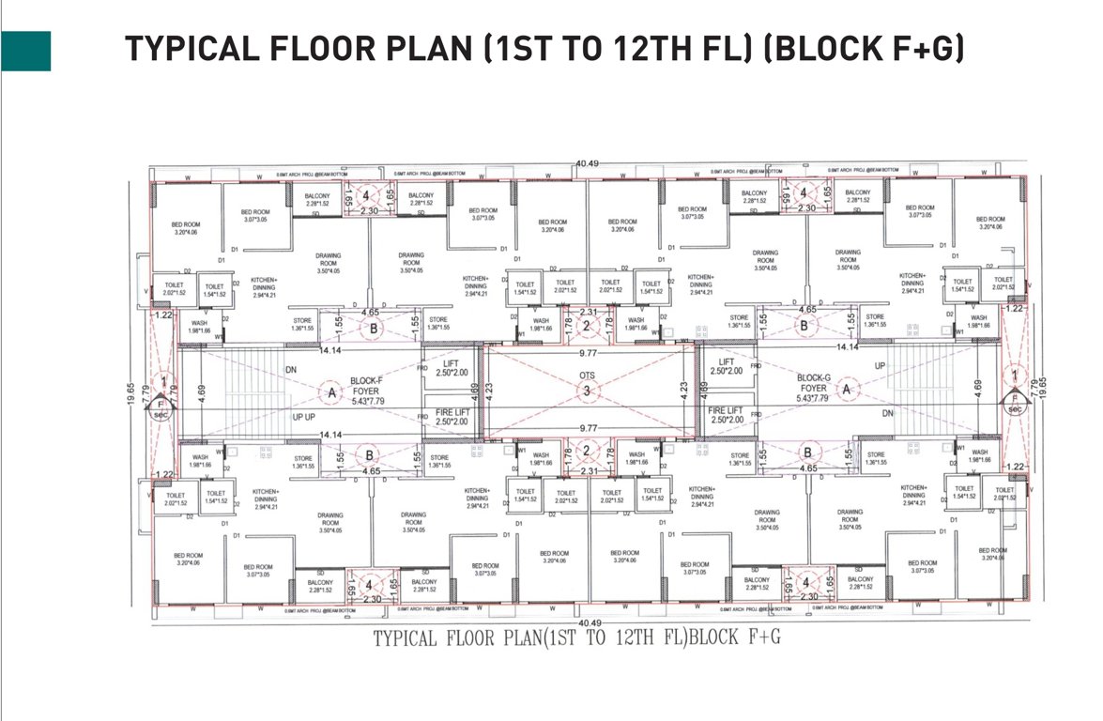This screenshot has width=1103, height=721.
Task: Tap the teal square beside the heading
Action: coord(25,51)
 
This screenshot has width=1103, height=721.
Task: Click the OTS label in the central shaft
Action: coord(588,377)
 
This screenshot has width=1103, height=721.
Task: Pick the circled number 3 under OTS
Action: coord(588,391)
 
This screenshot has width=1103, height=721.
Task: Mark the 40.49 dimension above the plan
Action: coord(589,163)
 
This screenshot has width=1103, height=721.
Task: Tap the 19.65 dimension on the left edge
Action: coord(132,393)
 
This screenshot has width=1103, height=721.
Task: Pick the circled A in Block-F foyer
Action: coord(331,393)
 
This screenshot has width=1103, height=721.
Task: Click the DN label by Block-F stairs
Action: coord(291,370)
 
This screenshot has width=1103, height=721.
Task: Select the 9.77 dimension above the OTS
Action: coord(588,354)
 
